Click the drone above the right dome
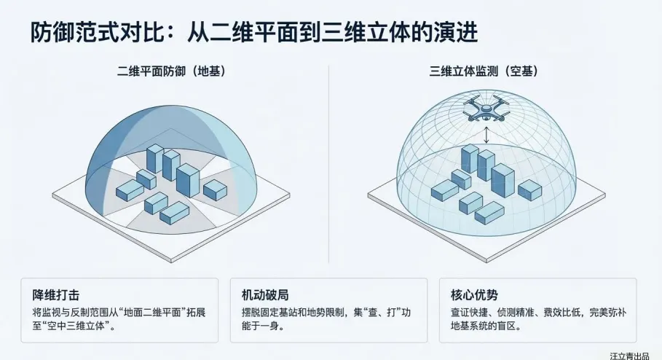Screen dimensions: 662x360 pos(487,110)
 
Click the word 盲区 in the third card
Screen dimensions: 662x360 pos(528,326)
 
